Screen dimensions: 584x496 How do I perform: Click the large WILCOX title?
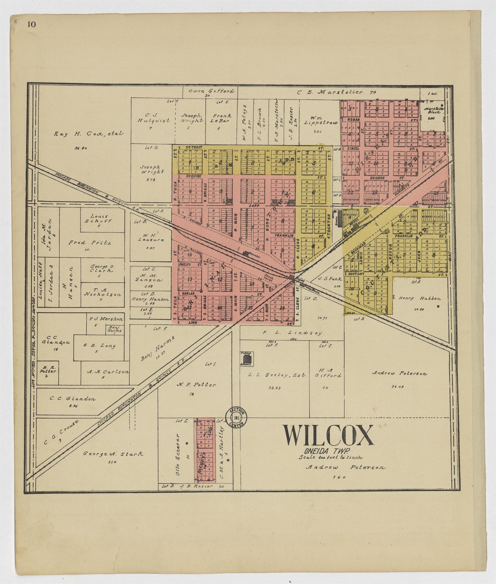[328, 436]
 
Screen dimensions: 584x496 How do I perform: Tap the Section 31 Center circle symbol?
[236, 418]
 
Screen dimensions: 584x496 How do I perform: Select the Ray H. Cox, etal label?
[88, 134]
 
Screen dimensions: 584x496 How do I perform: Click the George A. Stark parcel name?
[113, 454]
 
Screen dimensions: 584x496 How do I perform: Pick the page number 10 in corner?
[32, 24]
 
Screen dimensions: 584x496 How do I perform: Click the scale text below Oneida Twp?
[331, 458]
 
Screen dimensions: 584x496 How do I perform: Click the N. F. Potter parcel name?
[196, 385]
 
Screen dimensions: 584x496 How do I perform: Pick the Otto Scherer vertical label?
[178, 455]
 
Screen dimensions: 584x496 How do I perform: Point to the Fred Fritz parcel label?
[89, 243]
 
